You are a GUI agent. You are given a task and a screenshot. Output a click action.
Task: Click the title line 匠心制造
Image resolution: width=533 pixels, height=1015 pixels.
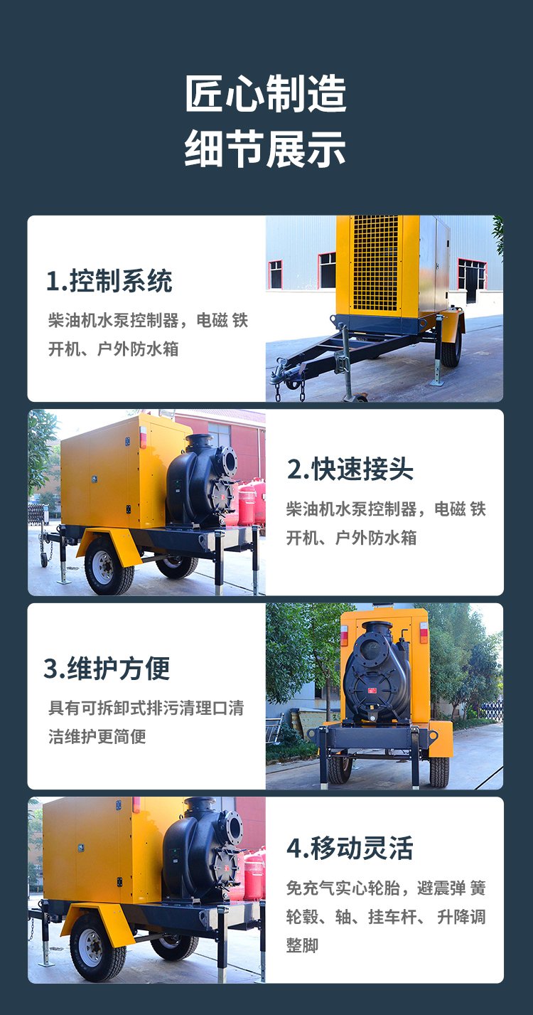[x=266, y=94]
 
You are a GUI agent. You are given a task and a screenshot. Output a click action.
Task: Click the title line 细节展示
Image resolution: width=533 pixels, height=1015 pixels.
[x=266, y=148]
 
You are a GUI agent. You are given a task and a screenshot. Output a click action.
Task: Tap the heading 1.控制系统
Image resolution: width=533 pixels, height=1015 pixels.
[x=109, y=281]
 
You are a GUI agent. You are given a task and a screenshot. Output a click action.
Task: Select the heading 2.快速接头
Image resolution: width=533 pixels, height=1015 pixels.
[x=350, y=469]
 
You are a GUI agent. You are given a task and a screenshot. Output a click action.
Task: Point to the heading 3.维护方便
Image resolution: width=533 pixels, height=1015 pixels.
[x=107, y=669]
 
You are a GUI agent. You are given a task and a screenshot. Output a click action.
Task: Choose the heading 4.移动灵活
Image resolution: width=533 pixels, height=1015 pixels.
[x=350, y=848]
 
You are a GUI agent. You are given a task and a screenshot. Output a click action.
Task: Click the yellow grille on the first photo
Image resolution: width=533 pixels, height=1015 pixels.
[x=377, y=263]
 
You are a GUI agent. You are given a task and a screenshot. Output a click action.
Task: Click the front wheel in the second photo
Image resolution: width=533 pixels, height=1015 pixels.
[x=109, y=567]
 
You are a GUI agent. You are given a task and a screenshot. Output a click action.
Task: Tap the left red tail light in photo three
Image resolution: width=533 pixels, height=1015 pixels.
[x=344, y=635]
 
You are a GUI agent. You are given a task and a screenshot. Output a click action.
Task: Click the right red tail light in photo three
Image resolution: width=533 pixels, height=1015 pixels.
[x=424, y=632]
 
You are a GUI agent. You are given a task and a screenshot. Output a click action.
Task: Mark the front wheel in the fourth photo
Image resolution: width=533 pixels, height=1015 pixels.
[x=98, y=947]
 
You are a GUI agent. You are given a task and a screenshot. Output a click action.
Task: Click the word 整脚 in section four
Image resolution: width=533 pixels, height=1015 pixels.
[x=302, y=945]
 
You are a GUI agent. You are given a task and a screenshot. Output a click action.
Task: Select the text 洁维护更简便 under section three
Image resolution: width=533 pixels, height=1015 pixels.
[x=97, y=736]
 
